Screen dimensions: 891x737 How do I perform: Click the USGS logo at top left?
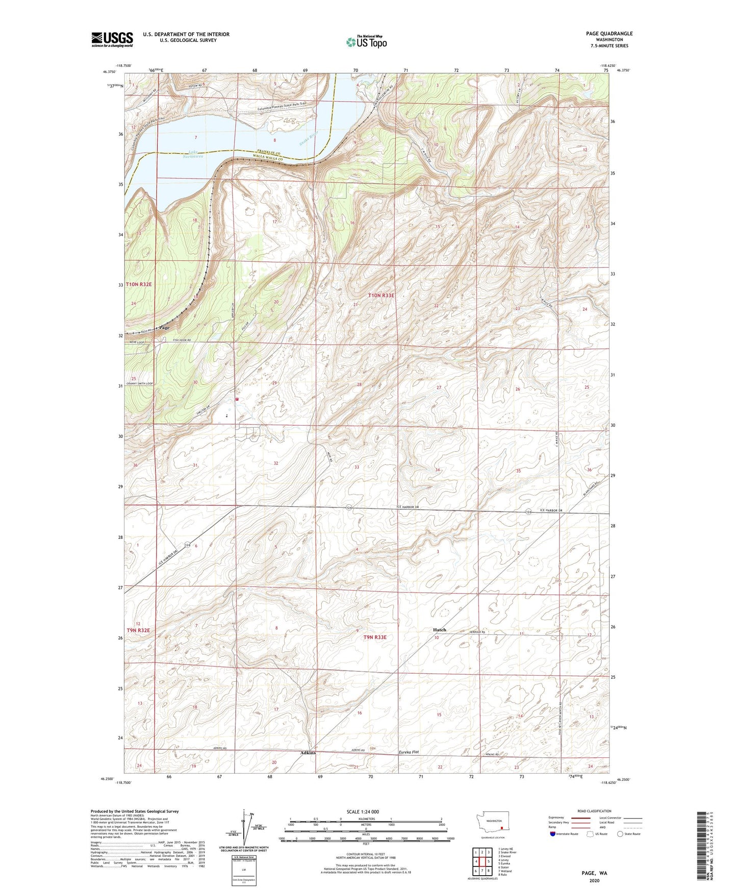click(112, 39)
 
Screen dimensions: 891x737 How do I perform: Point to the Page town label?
click(164, 328)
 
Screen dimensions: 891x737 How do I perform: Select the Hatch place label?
click(439, 630)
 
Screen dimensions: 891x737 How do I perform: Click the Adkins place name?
click(308, 753)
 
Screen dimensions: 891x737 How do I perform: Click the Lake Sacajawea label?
click(195, 154)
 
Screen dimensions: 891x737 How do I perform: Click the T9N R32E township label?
click(138, 630)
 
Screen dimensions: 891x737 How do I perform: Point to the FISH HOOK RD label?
click(182, 340)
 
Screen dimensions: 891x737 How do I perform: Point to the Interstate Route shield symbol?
click(553, 834)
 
